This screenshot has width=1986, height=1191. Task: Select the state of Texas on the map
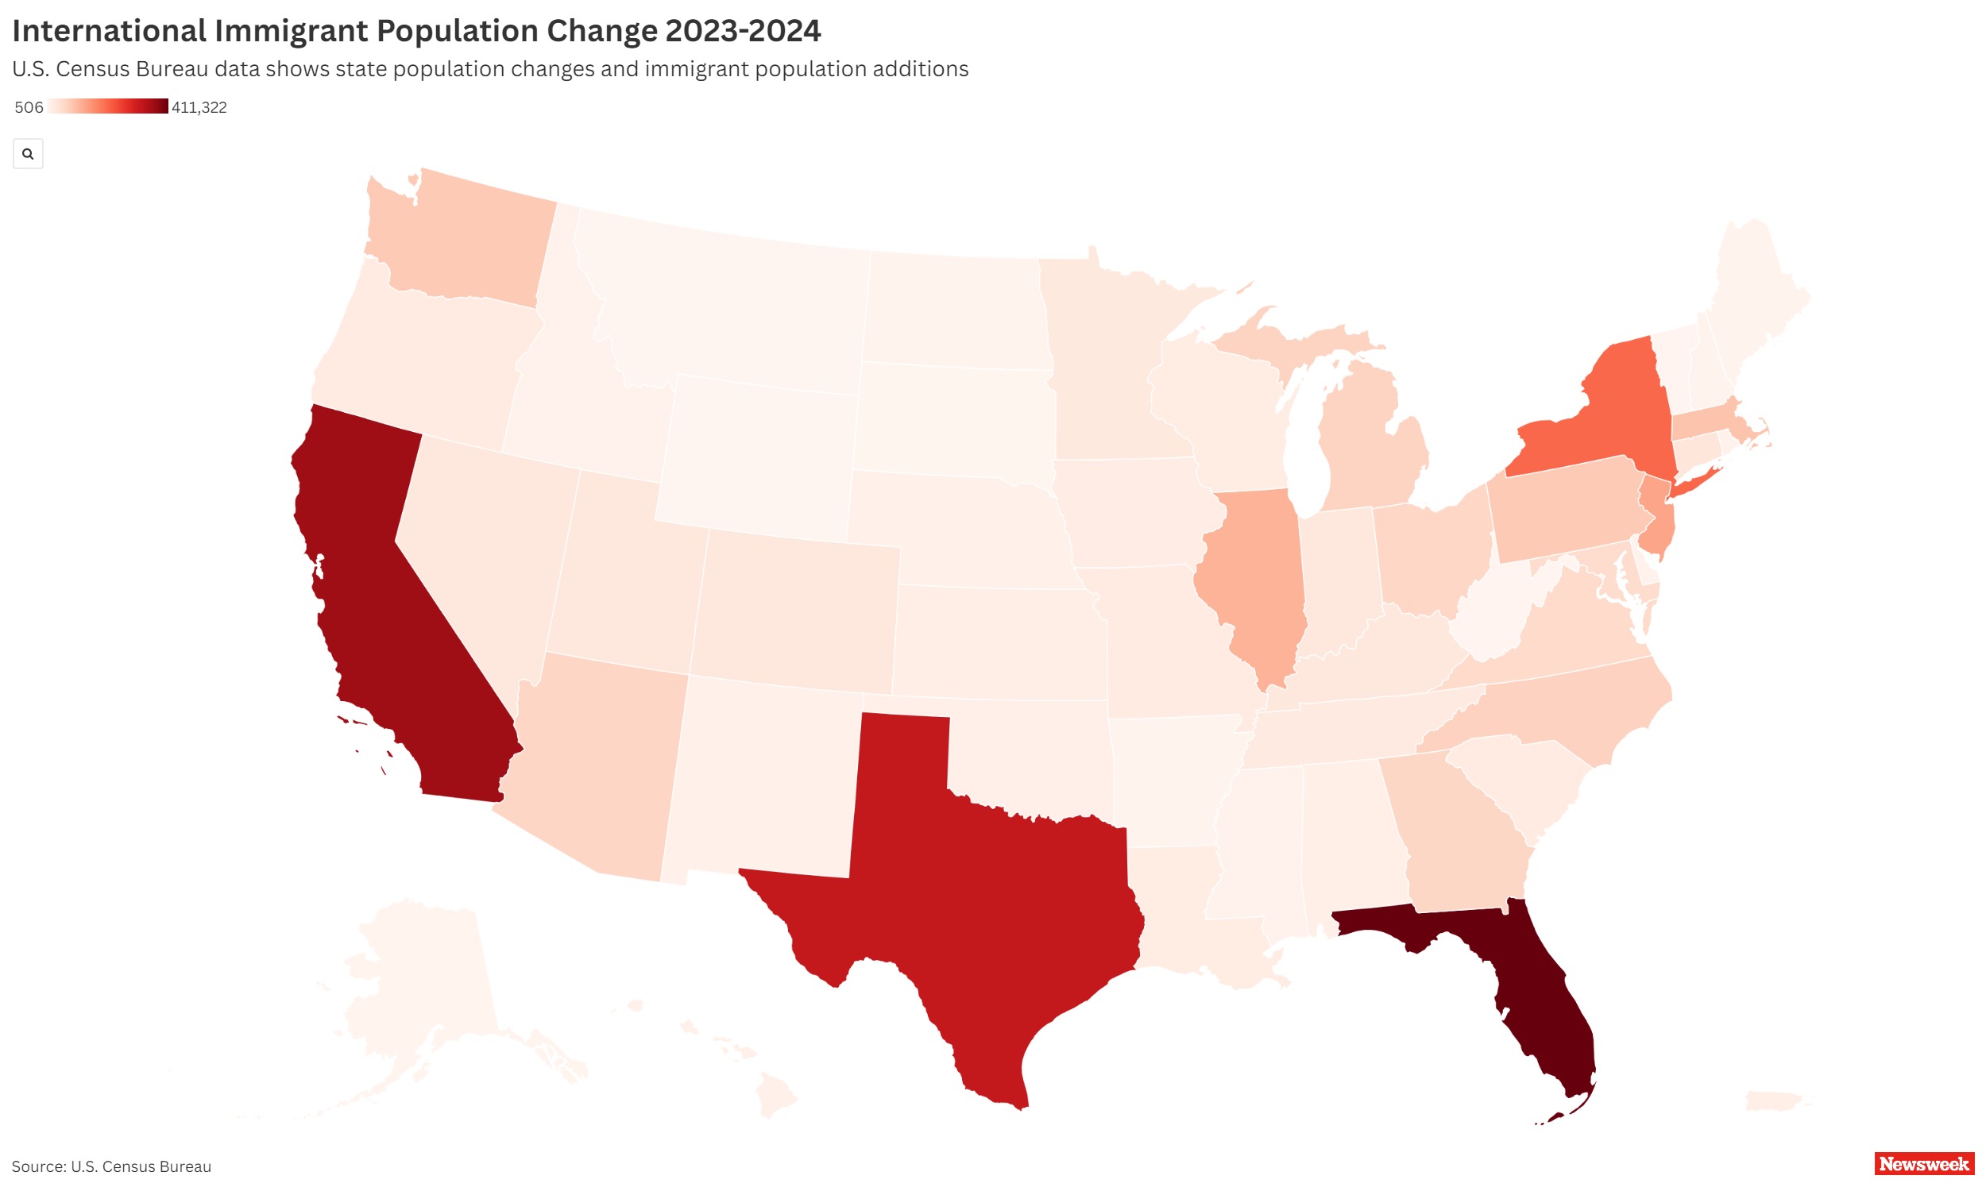tap(987, 891)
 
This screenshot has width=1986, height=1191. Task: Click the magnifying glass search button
tap(28, 153)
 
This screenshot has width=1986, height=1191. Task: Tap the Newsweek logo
tap(1923, 1164)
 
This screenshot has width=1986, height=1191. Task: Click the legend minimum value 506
tap(29, 107)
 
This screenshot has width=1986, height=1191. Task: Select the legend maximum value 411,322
tap(199, 107)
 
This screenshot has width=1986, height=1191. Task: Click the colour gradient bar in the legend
tap(107, 106)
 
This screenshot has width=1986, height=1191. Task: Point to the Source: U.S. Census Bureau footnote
tap(111, 1167)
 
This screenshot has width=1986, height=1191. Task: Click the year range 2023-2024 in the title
tap(744, 31)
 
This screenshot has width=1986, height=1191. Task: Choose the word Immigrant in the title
tap(292, 31)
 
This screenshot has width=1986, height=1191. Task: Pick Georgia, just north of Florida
tap(1461, 834)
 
